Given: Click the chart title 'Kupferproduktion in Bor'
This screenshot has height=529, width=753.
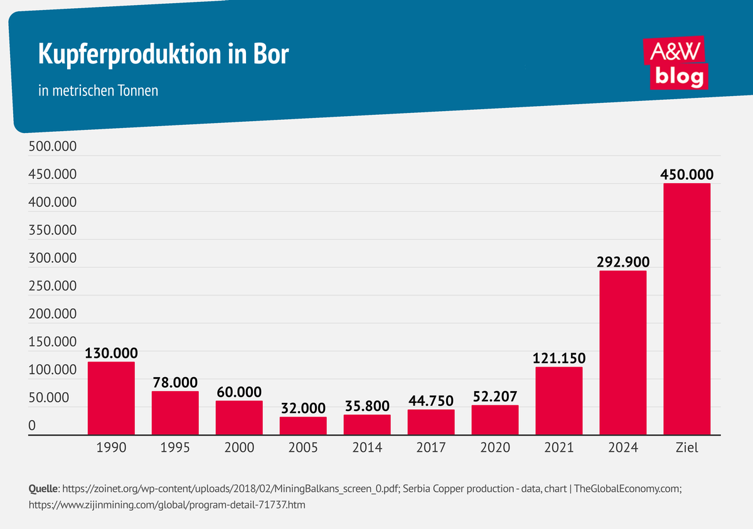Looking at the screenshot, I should click(x=164, y=55).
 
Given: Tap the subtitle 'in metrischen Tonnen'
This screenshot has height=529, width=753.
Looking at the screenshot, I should click(x=99, y=91).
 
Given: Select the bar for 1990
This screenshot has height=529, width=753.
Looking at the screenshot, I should click(x=111, y=398).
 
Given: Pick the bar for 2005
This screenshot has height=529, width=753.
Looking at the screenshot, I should click(x=303, y=425).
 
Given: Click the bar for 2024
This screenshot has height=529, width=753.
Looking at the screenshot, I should click(x=623, y=352).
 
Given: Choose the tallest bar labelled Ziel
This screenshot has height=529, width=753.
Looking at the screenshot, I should click(x=687, y=308).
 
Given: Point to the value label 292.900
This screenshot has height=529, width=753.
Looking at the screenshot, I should click(x=623, y=261).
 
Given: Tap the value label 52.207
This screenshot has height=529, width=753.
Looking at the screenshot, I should click(x=495, y=396).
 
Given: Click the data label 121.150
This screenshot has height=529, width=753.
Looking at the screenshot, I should click(x=559, y=358).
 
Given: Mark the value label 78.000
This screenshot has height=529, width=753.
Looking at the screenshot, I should click(x=175, y=382).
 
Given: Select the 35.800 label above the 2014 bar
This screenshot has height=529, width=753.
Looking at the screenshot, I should click(x=367, y=405).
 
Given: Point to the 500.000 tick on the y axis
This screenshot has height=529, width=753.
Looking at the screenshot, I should click(x=53, y=147).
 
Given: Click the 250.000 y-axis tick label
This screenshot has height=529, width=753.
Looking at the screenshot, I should click(x=53, y=286).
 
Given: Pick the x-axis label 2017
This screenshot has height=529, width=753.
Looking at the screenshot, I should click(x=431, y=448).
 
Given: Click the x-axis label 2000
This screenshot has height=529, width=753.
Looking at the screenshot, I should click(x=239, y=448).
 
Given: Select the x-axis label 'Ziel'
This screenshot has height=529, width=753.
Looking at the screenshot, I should click(x=687, y=448).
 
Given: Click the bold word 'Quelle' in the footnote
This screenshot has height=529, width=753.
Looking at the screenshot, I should click(x=43, y=488).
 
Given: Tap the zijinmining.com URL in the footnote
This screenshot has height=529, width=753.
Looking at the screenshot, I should click(x=168, y=503).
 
